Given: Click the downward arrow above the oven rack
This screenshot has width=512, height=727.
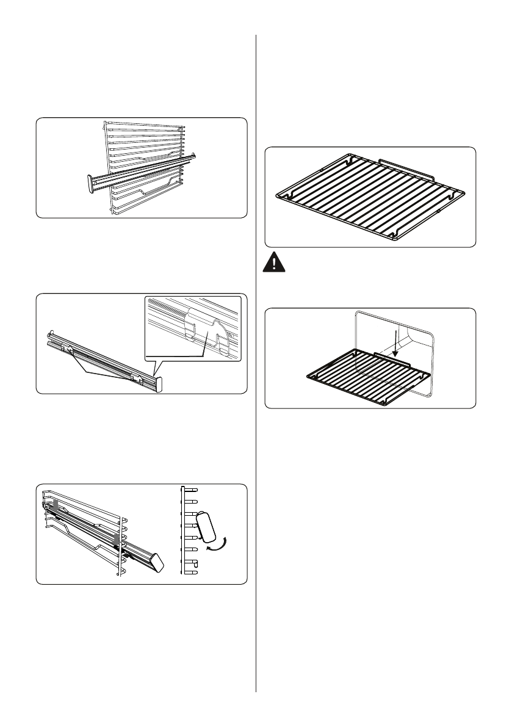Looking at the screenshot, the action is [x=395, y=342].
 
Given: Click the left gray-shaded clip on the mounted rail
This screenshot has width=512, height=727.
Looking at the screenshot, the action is [x=54, y=505].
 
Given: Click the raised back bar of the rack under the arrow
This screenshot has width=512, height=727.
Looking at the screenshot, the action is [x=395, y=356].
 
